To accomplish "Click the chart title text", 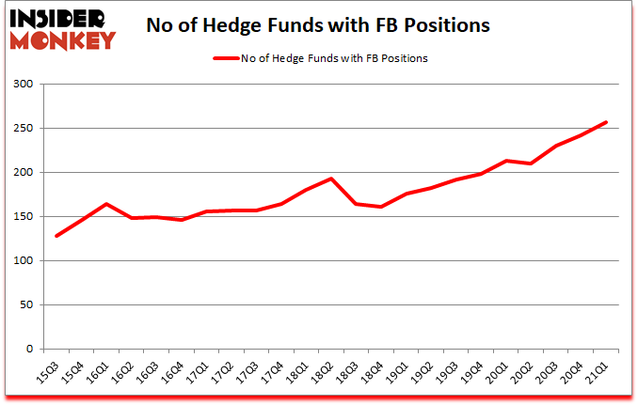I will click(x=318, y=25).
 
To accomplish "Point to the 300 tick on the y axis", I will click(x=24, y=85).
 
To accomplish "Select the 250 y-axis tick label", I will click(x=24, y=129).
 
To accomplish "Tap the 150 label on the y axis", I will click(x=24, y=217).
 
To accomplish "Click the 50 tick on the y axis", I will click(x=27, y=305).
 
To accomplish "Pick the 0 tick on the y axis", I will click(x=31, y=350).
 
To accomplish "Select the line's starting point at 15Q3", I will click(x=56, y=236).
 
